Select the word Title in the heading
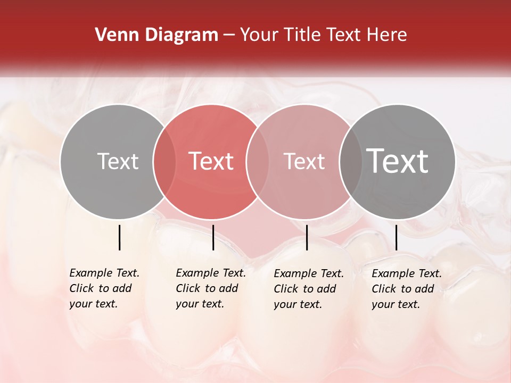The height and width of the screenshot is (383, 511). coord(303,35)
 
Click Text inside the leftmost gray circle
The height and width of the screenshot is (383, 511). coord(118,161)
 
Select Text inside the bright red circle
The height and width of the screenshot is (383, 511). coord(211,161)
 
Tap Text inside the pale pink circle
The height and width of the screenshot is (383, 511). coord(304,161)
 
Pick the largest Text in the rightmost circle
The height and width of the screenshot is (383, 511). coord(398,161)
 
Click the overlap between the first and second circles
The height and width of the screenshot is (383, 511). coord(164,161)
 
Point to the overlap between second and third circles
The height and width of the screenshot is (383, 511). coord(258,161)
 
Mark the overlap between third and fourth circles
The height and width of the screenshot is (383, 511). coord(351,161)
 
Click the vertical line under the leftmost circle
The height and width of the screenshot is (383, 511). coord(119,237)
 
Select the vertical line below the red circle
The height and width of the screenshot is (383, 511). coord(213,237)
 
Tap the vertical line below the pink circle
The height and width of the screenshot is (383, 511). coord(307,237)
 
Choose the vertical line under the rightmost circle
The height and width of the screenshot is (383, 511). coord(396,237)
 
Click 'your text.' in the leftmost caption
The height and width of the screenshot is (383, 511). coord(93,304)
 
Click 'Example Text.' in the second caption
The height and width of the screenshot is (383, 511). coord(211,273)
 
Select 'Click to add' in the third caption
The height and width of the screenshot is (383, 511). coord(305,289)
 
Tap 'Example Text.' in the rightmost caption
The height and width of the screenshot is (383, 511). coord(407,273)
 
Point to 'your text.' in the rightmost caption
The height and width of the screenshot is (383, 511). coord(395,304)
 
